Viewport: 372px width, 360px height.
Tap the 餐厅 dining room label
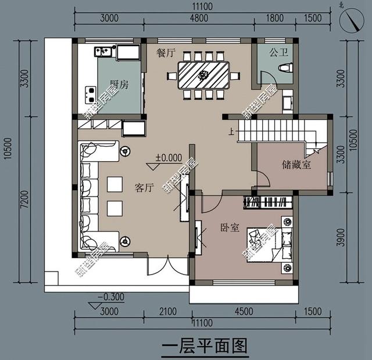point(166,52)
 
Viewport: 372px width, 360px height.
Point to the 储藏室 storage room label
point(296,165)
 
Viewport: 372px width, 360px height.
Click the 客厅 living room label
point(144,188)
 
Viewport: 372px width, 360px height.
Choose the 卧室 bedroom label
point(230,227)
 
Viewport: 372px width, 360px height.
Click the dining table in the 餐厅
point(203,75)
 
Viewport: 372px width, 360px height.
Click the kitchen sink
point(103,52)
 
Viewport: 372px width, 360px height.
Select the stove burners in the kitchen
point(91,91)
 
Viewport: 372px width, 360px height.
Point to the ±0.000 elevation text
point(168,158)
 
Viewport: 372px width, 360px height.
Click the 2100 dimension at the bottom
point(167,312)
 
